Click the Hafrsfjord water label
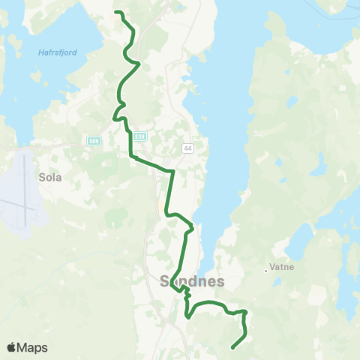[58, 52]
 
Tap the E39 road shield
[140, 136]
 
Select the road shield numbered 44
[187, 148]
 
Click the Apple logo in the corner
[11, 347]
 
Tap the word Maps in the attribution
[34, 348]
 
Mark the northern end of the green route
[115, 12]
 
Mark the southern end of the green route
[232, 347]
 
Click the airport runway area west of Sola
[22, 191]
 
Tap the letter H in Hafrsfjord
[40, 52]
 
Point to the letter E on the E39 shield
[136, 136]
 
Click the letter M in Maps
[25, 348]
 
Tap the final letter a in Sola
[58, 178]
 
